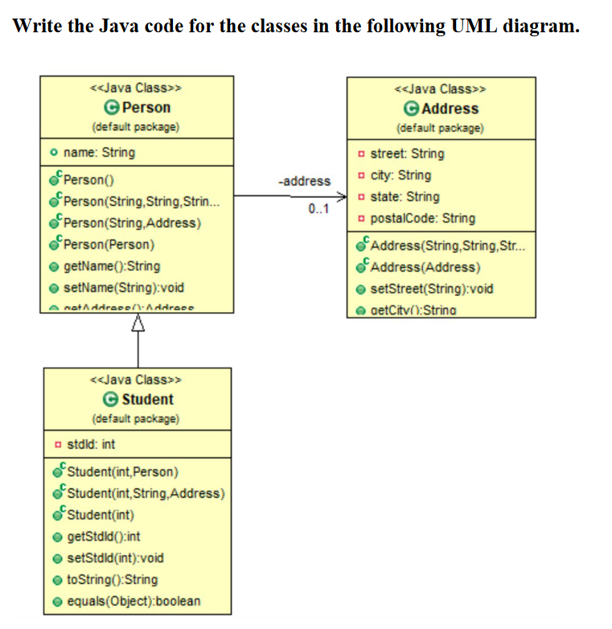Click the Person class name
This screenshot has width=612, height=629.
[145, 108]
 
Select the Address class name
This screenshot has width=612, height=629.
[449, 109]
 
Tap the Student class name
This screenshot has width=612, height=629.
[147, 399]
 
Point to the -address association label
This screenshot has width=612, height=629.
[304, 181]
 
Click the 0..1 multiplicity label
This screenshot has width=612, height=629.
[319, 210]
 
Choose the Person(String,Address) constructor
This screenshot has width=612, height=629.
[131, 223]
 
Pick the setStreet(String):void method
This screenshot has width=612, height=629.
[432, 289]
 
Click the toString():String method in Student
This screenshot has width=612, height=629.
[111, 579]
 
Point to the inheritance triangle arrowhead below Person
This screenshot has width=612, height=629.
[137, 323]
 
